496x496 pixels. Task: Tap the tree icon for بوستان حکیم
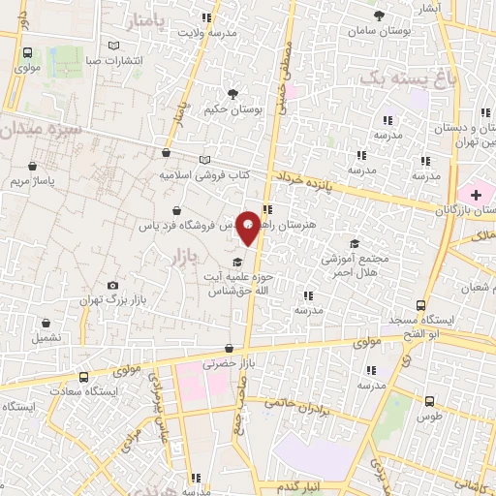[232, 94]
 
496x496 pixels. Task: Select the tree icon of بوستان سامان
[378, 15]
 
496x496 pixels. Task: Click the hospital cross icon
[476, 194]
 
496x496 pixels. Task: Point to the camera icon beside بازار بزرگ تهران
[113, 285]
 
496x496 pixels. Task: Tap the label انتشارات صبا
[114, 61]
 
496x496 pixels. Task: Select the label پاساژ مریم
[33, 181]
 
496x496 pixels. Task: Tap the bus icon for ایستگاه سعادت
[83, 376]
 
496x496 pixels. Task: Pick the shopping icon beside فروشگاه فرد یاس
[175, 210]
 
